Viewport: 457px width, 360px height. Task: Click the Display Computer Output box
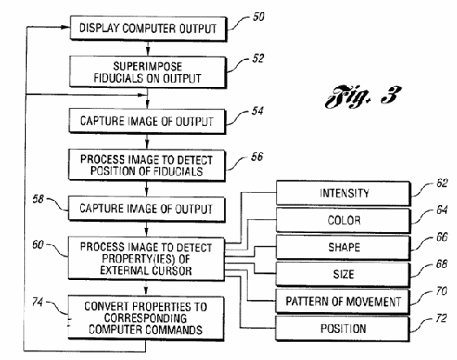click(149, 29)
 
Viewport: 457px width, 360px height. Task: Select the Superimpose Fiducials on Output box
click(148, 72)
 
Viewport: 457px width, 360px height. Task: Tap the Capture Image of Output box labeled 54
click(147, 121)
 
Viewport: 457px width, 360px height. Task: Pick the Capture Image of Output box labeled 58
click(147, 209)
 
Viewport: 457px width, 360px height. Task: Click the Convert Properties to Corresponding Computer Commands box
click(146, 318)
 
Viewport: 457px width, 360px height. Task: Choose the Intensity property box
click(344, 193)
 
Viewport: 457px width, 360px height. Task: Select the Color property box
click(344, 220)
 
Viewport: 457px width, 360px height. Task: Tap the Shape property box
click(343, 247)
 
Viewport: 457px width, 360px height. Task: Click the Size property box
click(343, 274)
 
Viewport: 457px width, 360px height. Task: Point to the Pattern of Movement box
click(343, 302)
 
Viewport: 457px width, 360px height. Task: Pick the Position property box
click(342, 329)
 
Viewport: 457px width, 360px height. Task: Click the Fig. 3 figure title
click(363, 97)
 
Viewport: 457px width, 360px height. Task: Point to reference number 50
click(258, 17)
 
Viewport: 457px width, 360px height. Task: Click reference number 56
click(257, 157)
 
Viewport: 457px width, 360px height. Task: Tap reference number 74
click(37, 302)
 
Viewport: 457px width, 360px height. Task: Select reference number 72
click(441, 318)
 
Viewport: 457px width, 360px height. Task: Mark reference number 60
click(38, 244)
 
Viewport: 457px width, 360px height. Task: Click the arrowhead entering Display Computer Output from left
click(65, 27)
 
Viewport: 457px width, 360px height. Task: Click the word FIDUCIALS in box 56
click(178, 171)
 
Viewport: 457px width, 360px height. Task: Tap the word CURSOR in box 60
click(172, 270)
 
